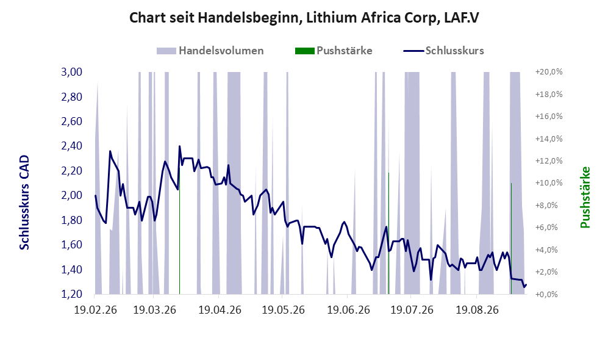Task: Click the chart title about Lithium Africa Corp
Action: (x=304, y=18)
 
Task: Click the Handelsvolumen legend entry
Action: (x=210, y=51)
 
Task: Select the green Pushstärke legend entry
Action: (x=334, y=51)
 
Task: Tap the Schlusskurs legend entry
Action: (x=443, y=51)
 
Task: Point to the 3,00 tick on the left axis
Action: (x=72, y=72)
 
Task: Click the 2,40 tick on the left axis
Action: (x=72, y=146)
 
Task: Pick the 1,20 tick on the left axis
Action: (x=72, y=294)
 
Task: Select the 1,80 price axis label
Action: (x=72, y=220)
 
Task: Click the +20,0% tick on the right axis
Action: (x=549, y=72)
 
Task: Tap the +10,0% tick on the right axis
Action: (x=549, y=182)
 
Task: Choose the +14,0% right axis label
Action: (x=549, y=139)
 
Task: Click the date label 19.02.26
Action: (x=95, y=310)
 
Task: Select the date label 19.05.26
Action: (x=283, y=310)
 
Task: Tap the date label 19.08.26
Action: (x=477, y=310)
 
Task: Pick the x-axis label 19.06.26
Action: (x=349, y=310)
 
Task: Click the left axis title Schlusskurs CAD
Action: (x=24, y=202)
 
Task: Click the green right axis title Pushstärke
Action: (x=585, y=197)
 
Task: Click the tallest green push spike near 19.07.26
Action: (x=388, y=233)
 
